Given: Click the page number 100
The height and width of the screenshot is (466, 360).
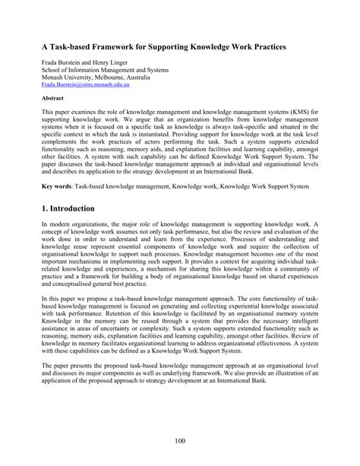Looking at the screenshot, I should coord(180,442).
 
